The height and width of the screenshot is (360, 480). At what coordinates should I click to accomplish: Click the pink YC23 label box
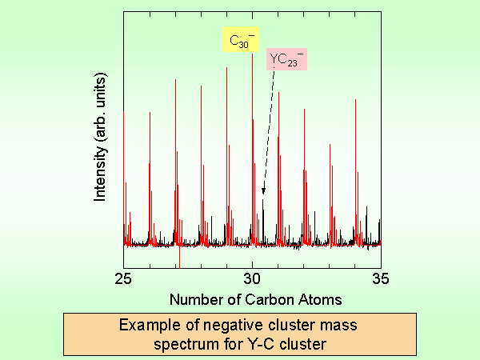pos(286,59)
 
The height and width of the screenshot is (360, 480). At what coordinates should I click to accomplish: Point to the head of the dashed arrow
pos(263,192)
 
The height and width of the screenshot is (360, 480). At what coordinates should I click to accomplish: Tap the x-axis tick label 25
pos(123,278)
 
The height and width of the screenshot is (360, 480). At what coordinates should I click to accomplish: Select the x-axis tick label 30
pos(252,278)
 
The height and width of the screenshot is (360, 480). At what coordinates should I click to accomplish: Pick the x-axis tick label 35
pos(381,278)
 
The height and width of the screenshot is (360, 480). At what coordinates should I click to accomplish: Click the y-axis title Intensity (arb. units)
pos(100,138)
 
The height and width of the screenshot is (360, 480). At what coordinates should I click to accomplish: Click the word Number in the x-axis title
pos(192,299)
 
